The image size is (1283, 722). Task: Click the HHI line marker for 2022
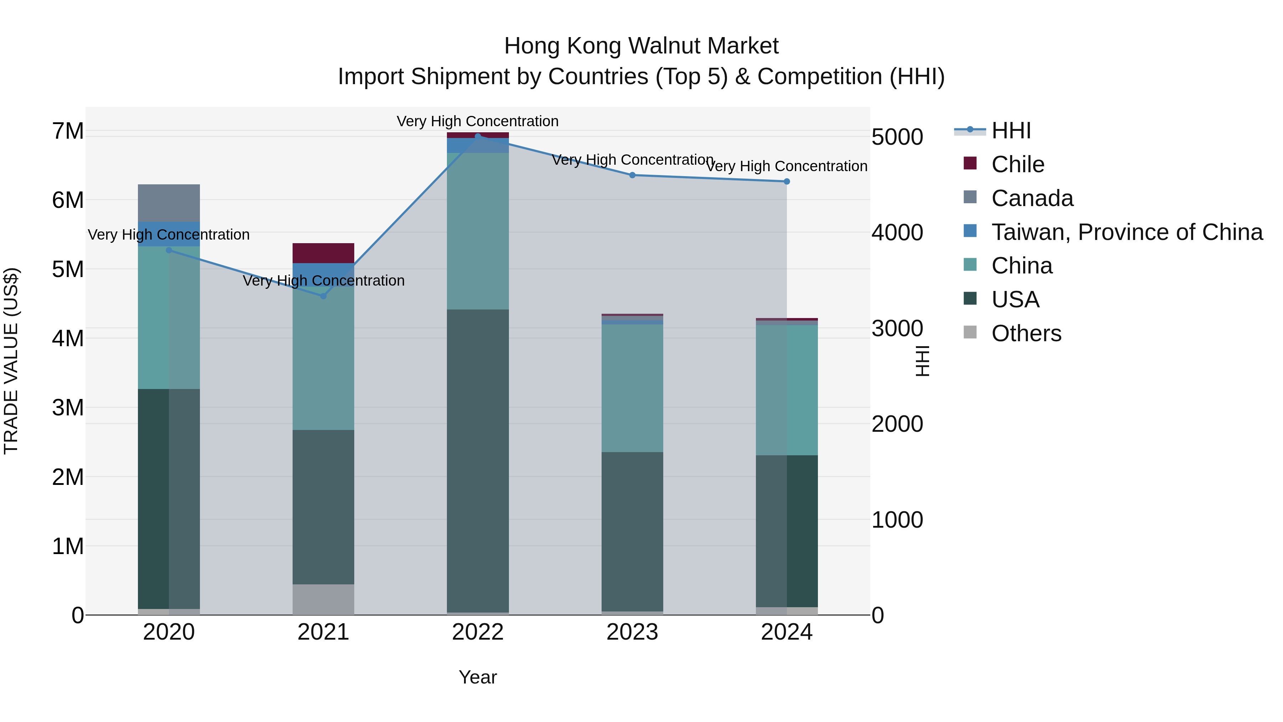[x=478, y=136]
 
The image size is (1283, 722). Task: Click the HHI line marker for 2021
[x=323, y=296]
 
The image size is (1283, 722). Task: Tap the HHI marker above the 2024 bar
[x=787, y=181]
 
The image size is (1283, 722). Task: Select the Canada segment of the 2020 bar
[x=169, y=203]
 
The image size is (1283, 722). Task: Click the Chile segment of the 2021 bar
[x=323, y=253]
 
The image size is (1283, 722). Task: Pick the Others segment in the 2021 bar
[x=323, y=599]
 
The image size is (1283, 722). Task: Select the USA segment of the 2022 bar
[x=478, y=461]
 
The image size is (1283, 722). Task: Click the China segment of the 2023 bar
[x=632, y=388]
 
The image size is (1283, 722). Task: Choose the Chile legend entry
[x=1017, y=164]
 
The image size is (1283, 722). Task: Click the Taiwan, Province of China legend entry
[x=1127, y=232]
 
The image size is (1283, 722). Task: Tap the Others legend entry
[x=1026, y=333]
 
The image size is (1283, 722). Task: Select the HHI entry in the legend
[x=1011, y=130]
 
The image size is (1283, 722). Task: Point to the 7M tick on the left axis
[x=68, y=131]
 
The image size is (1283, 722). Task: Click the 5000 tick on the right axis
[x=897, y=137]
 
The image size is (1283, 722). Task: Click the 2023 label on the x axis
[x=632, y=632]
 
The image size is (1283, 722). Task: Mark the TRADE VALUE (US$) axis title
[x=11, y=361]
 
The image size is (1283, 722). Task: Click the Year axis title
[x=478, y=677]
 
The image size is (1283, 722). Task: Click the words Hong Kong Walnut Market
[x=641, y=46]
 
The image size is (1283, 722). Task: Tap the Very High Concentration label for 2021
[x=323, y=281]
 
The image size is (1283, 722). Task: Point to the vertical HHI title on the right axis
[x=922, y=361]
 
